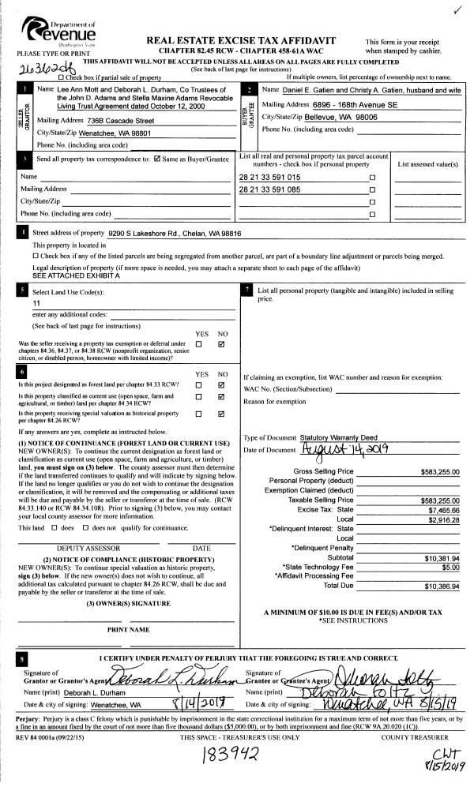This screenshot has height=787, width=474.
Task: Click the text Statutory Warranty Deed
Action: (x=340, y=437)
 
